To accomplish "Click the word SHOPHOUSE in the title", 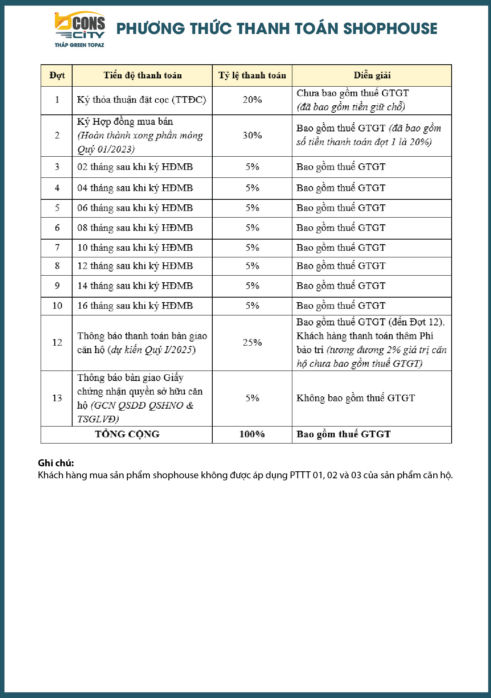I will (390, 29).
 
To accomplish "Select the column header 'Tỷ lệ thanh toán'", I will (252, 75).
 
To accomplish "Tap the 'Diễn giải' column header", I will (372, 75).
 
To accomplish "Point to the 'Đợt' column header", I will (57, 75).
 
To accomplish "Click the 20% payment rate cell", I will (252, 100).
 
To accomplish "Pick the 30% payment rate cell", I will (252, 136).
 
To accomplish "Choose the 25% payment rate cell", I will (252, 343).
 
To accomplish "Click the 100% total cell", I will (252, 434).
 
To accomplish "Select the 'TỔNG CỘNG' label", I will (127, 434).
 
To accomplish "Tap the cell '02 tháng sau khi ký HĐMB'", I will (135, 167).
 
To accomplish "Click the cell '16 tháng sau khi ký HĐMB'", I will (135, 306).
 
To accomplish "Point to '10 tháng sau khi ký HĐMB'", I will (135, 248).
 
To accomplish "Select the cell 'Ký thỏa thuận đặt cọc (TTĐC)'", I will (141, 100).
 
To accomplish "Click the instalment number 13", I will (57, 398).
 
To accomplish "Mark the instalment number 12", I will (57, 343).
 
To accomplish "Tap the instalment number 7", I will (57, 248).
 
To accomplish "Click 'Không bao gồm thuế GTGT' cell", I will (355, 398).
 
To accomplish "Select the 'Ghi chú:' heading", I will (56, 463).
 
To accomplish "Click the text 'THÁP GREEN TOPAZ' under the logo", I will (80, 45).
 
